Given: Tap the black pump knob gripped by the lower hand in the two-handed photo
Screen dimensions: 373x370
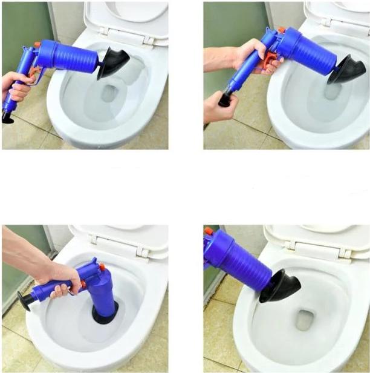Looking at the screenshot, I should coord(225,99).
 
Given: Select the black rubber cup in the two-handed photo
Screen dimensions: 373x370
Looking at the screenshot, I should coord(346,70).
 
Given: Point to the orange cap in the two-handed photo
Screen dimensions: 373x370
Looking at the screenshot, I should coord(281,30).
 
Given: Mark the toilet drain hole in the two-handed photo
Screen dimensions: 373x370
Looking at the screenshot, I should coord(333,91).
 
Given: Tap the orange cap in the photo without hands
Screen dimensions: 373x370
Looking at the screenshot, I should coord(209,231).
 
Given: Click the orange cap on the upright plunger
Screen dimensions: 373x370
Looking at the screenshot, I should coord(102,267).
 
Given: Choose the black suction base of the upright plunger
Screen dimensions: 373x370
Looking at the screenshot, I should coord(105,316).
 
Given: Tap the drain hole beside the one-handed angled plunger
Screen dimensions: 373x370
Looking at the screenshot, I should coord(109,93).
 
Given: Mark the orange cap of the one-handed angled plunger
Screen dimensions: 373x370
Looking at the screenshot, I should coord(37,44).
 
